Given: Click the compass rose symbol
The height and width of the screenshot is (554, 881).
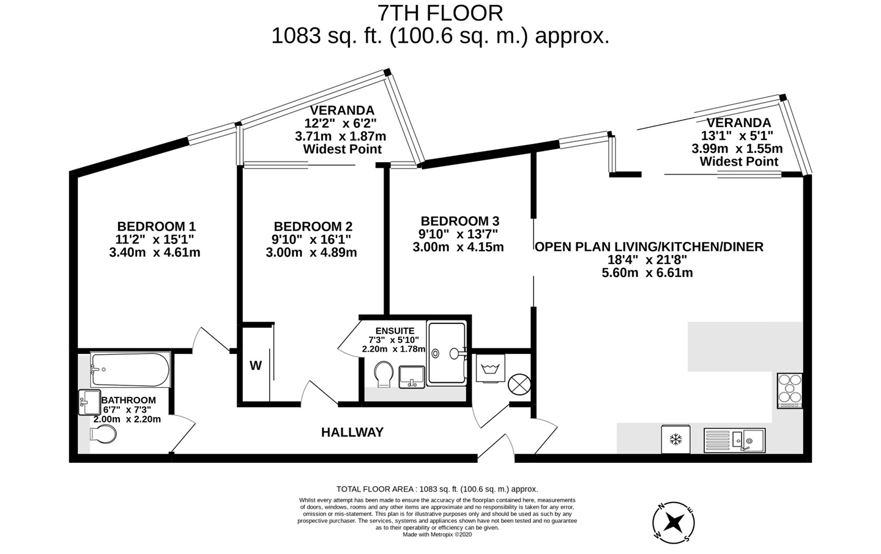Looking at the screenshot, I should (x=674, y=522).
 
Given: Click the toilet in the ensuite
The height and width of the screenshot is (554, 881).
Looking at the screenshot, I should (x=384, y=373).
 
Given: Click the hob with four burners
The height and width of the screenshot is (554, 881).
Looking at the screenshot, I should (x=789, y=390).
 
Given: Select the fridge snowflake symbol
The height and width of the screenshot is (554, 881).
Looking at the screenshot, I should (x=675, y=440).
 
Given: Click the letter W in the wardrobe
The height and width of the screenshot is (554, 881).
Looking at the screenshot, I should (x=255, y=366).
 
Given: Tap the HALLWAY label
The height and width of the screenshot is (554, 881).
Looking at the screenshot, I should (x=352, y=432).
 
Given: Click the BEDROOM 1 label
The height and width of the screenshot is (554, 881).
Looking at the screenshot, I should (x=156, y=226).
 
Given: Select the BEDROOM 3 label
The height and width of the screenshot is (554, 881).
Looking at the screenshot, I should (x=459, y=221).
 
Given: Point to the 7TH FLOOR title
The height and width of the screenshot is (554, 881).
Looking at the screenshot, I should (x=440, y=13).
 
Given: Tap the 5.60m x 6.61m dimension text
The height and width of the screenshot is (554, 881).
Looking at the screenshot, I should (x=647, y=273).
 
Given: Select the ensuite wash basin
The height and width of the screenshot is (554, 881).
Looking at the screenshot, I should (x=412, y=376).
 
